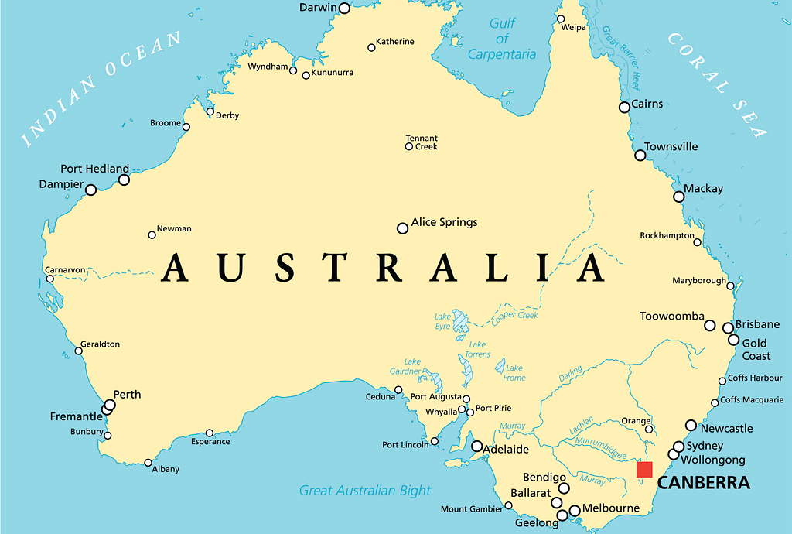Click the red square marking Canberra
(x=644, y=469)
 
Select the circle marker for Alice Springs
(x=402, y=228)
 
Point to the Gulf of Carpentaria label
(x=502, y=39)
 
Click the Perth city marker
(x=110, y=405)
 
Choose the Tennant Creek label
(x=422, y=142)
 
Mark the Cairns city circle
(x=624, y=107)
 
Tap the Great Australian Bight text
(x=365, y=490)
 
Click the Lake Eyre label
(x=442, y=321)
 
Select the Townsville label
(x=671, y=146)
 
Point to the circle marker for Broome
(x=186, y=125)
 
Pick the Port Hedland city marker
(x=124, y=180)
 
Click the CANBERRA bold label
(x=703, y=484)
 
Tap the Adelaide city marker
(x=477, y=446)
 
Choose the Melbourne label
(x=611, y=508)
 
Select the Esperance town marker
(x=209, y=433)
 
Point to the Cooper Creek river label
(x=514, y=315)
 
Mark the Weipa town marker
(x=561, y=19)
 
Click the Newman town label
(x=174, y=229)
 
